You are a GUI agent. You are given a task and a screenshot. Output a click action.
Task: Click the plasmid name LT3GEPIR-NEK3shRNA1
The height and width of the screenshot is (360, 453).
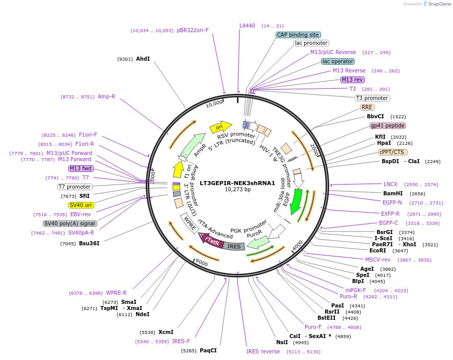click(x=237, y=183)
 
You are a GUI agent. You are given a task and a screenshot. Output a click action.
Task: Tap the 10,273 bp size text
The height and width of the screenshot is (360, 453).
click(x=237, y=190)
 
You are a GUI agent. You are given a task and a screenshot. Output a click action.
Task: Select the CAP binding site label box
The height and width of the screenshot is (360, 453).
click(x=298, y=35)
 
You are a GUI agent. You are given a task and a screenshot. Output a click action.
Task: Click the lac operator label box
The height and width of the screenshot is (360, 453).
click(x=338, y=62)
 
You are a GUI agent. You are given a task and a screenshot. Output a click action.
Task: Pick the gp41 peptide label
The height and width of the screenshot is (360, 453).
click(x=388, y=125)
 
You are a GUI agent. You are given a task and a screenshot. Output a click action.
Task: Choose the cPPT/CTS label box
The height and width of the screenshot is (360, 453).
click(x=392, y=152)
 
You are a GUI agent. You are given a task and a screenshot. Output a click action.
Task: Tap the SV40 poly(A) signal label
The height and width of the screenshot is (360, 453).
click(x=70, y=223)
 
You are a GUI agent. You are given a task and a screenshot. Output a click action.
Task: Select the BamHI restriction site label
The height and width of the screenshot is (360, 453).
click(x=393, y=193)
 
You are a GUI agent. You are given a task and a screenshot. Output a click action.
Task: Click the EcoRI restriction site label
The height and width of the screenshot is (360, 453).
click(x=378, y=250)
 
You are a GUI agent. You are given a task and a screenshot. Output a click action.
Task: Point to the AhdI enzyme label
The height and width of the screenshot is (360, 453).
click(x=143, y=59)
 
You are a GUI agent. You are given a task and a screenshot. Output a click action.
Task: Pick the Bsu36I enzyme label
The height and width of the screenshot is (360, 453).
click(x=89, y=243)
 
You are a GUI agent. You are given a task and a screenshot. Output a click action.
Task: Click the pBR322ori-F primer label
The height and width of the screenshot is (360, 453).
click(x=193, y=30)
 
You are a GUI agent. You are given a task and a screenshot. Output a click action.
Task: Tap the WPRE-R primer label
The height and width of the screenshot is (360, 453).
click(x=116, y=293)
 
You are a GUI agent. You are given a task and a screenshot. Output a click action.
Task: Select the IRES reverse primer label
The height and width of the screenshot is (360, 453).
click(x=263, y=351)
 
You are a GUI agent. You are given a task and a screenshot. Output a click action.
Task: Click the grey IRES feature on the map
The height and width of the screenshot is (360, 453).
click(x=234, y=246)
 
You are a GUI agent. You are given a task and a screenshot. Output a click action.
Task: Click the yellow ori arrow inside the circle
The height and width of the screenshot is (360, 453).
click(x=220, y=126)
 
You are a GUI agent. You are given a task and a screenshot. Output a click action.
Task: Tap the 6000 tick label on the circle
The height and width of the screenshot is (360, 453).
click(x=201, y=263)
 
